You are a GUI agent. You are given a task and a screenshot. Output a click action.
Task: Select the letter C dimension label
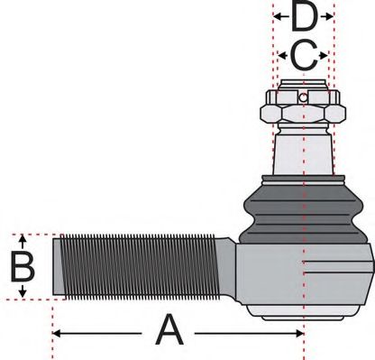coord(304,58)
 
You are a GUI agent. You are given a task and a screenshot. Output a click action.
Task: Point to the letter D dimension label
coord(304,17)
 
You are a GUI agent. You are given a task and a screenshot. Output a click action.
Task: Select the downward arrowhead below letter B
coord(23,294)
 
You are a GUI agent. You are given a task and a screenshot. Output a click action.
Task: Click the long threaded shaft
coord(144,265)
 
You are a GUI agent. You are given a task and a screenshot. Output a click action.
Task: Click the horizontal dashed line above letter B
coord(36,234)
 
